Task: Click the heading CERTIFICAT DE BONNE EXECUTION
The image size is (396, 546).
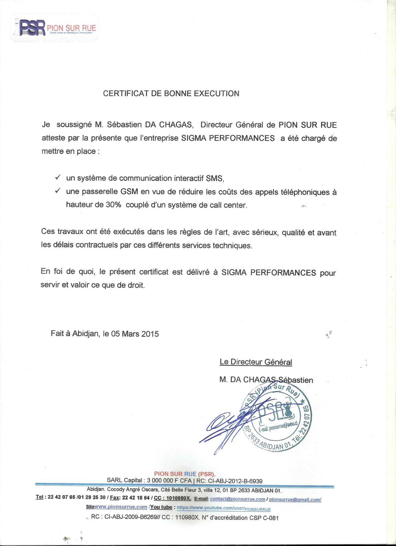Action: [171, 93]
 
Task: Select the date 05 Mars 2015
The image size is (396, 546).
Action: [135, 334]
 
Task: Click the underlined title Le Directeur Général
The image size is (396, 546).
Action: [256, 362]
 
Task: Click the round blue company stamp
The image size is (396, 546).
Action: [277, 419]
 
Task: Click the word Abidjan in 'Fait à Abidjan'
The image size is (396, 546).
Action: [85, 334]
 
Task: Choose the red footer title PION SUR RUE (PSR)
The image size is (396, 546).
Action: [185, 474]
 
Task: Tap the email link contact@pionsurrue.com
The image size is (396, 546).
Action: [237, 499]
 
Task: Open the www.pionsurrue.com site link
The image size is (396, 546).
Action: [121, 507]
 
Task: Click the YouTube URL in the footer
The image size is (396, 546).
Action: [224, 508]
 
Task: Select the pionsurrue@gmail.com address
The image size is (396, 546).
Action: [295, 499]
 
